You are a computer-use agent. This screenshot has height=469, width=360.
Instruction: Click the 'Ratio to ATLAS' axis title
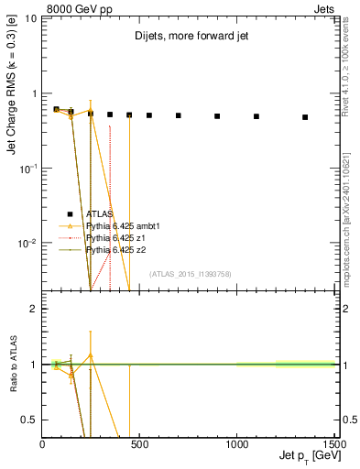[12, 365]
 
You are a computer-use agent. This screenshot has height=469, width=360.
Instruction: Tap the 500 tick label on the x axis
[139, 443]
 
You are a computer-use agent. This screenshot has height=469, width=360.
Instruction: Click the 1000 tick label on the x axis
[237, 443]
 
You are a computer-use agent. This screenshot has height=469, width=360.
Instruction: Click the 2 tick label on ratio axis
[34, 309]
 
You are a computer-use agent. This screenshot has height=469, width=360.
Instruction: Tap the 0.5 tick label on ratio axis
[30, 420]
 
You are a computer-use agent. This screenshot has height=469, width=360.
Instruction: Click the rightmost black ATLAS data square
[305, 117]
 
